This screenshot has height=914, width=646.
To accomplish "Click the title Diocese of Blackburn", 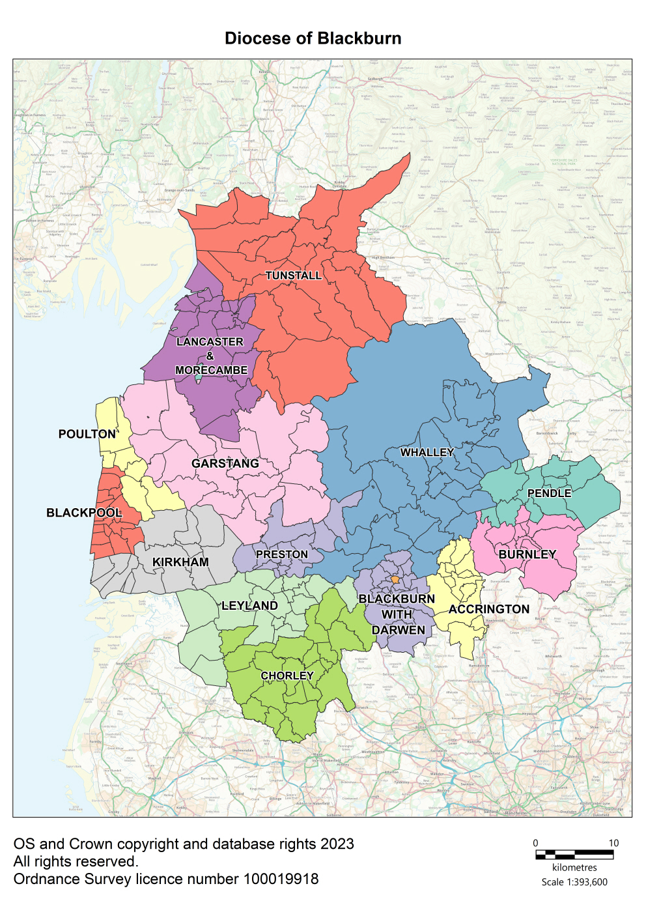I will (x=313, y=38).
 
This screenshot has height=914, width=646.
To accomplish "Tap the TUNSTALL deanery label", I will (x=294, y=276).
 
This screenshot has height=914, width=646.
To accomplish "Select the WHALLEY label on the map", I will (x=427, y=452).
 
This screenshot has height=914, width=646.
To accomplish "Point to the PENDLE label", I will (x=549, y=493).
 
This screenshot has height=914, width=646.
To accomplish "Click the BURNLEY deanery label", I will (x=527, y=554).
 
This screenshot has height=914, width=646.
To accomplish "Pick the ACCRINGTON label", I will (x=489, y=609).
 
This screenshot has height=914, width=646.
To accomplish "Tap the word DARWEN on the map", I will (x=399, y=630).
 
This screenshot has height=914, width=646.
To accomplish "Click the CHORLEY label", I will (x=287, y=676).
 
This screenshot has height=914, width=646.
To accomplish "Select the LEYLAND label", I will (x=249, y=606).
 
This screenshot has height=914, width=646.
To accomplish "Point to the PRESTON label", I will (x=281, y=554).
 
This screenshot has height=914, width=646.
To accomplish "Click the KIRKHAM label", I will (x=180, y=562).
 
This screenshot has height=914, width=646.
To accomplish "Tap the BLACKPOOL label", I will (x=84, y=513).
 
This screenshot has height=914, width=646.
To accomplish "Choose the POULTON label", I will (x=87, y=434).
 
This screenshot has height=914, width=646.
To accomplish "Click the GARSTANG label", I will (x=225, y=463).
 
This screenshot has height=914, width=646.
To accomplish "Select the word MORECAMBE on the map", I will (x=212, y=370).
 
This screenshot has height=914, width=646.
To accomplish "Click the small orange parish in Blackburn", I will (x=395, y=579).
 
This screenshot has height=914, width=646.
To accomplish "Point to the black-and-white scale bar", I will (x=574, y=854).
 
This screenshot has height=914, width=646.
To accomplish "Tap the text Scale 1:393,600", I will (x=574, y=882).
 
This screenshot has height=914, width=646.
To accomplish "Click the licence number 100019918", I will (x=281, y=879).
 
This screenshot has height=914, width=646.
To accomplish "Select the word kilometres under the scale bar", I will (x=574, y=867).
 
